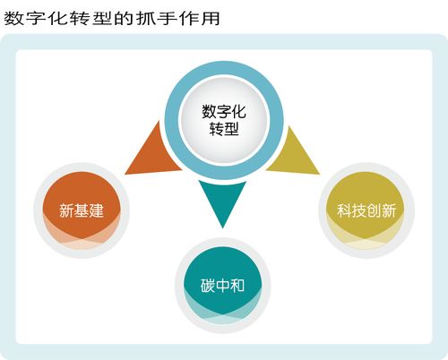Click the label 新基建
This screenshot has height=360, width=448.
coord(82,210)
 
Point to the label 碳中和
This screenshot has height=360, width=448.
coord(222,286)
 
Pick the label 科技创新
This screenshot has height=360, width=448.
coord(366,210)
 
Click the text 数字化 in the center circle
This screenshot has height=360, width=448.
coord(224,111)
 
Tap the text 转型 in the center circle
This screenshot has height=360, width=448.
coord(224,129)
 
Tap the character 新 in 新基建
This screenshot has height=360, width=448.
coord(66,210)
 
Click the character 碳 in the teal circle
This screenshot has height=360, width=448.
coord(208,286)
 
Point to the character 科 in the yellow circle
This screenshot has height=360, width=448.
coord(344,210)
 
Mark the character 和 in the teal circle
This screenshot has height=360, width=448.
coord(237,286)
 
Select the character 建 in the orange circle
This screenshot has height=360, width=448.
coord(97,210)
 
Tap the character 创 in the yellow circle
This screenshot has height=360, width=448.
coord(374,210)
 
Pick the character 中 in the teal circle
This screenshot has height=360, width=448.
coord(222,286)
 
